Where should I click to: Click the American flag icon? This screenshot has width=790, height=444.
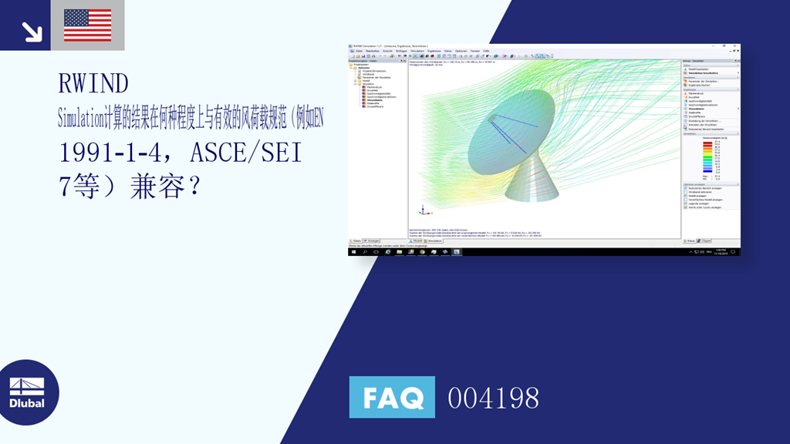87,25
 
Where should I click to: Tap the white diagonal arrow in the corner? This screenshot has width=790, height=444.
32,31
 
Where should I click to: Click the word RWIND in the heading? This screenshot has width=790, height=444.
93,82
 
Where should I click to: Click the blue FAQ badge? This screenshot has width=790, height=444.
392,398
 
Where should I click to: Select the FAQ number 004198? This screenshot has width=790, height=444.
493,398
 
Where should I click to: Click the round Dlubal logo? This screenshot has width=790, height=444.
29,392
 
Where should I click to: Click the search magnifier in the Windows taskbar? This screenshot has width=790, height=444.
365,251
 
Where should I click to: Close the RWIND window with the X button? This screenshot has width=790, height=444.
737,45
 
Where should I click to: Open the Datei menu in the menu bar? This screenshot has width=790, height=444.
359,51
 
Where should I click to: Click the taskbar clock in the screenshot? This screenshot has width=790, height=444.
721,251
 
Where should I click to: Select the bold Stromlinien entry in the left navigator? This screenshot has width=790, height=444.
372,99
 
